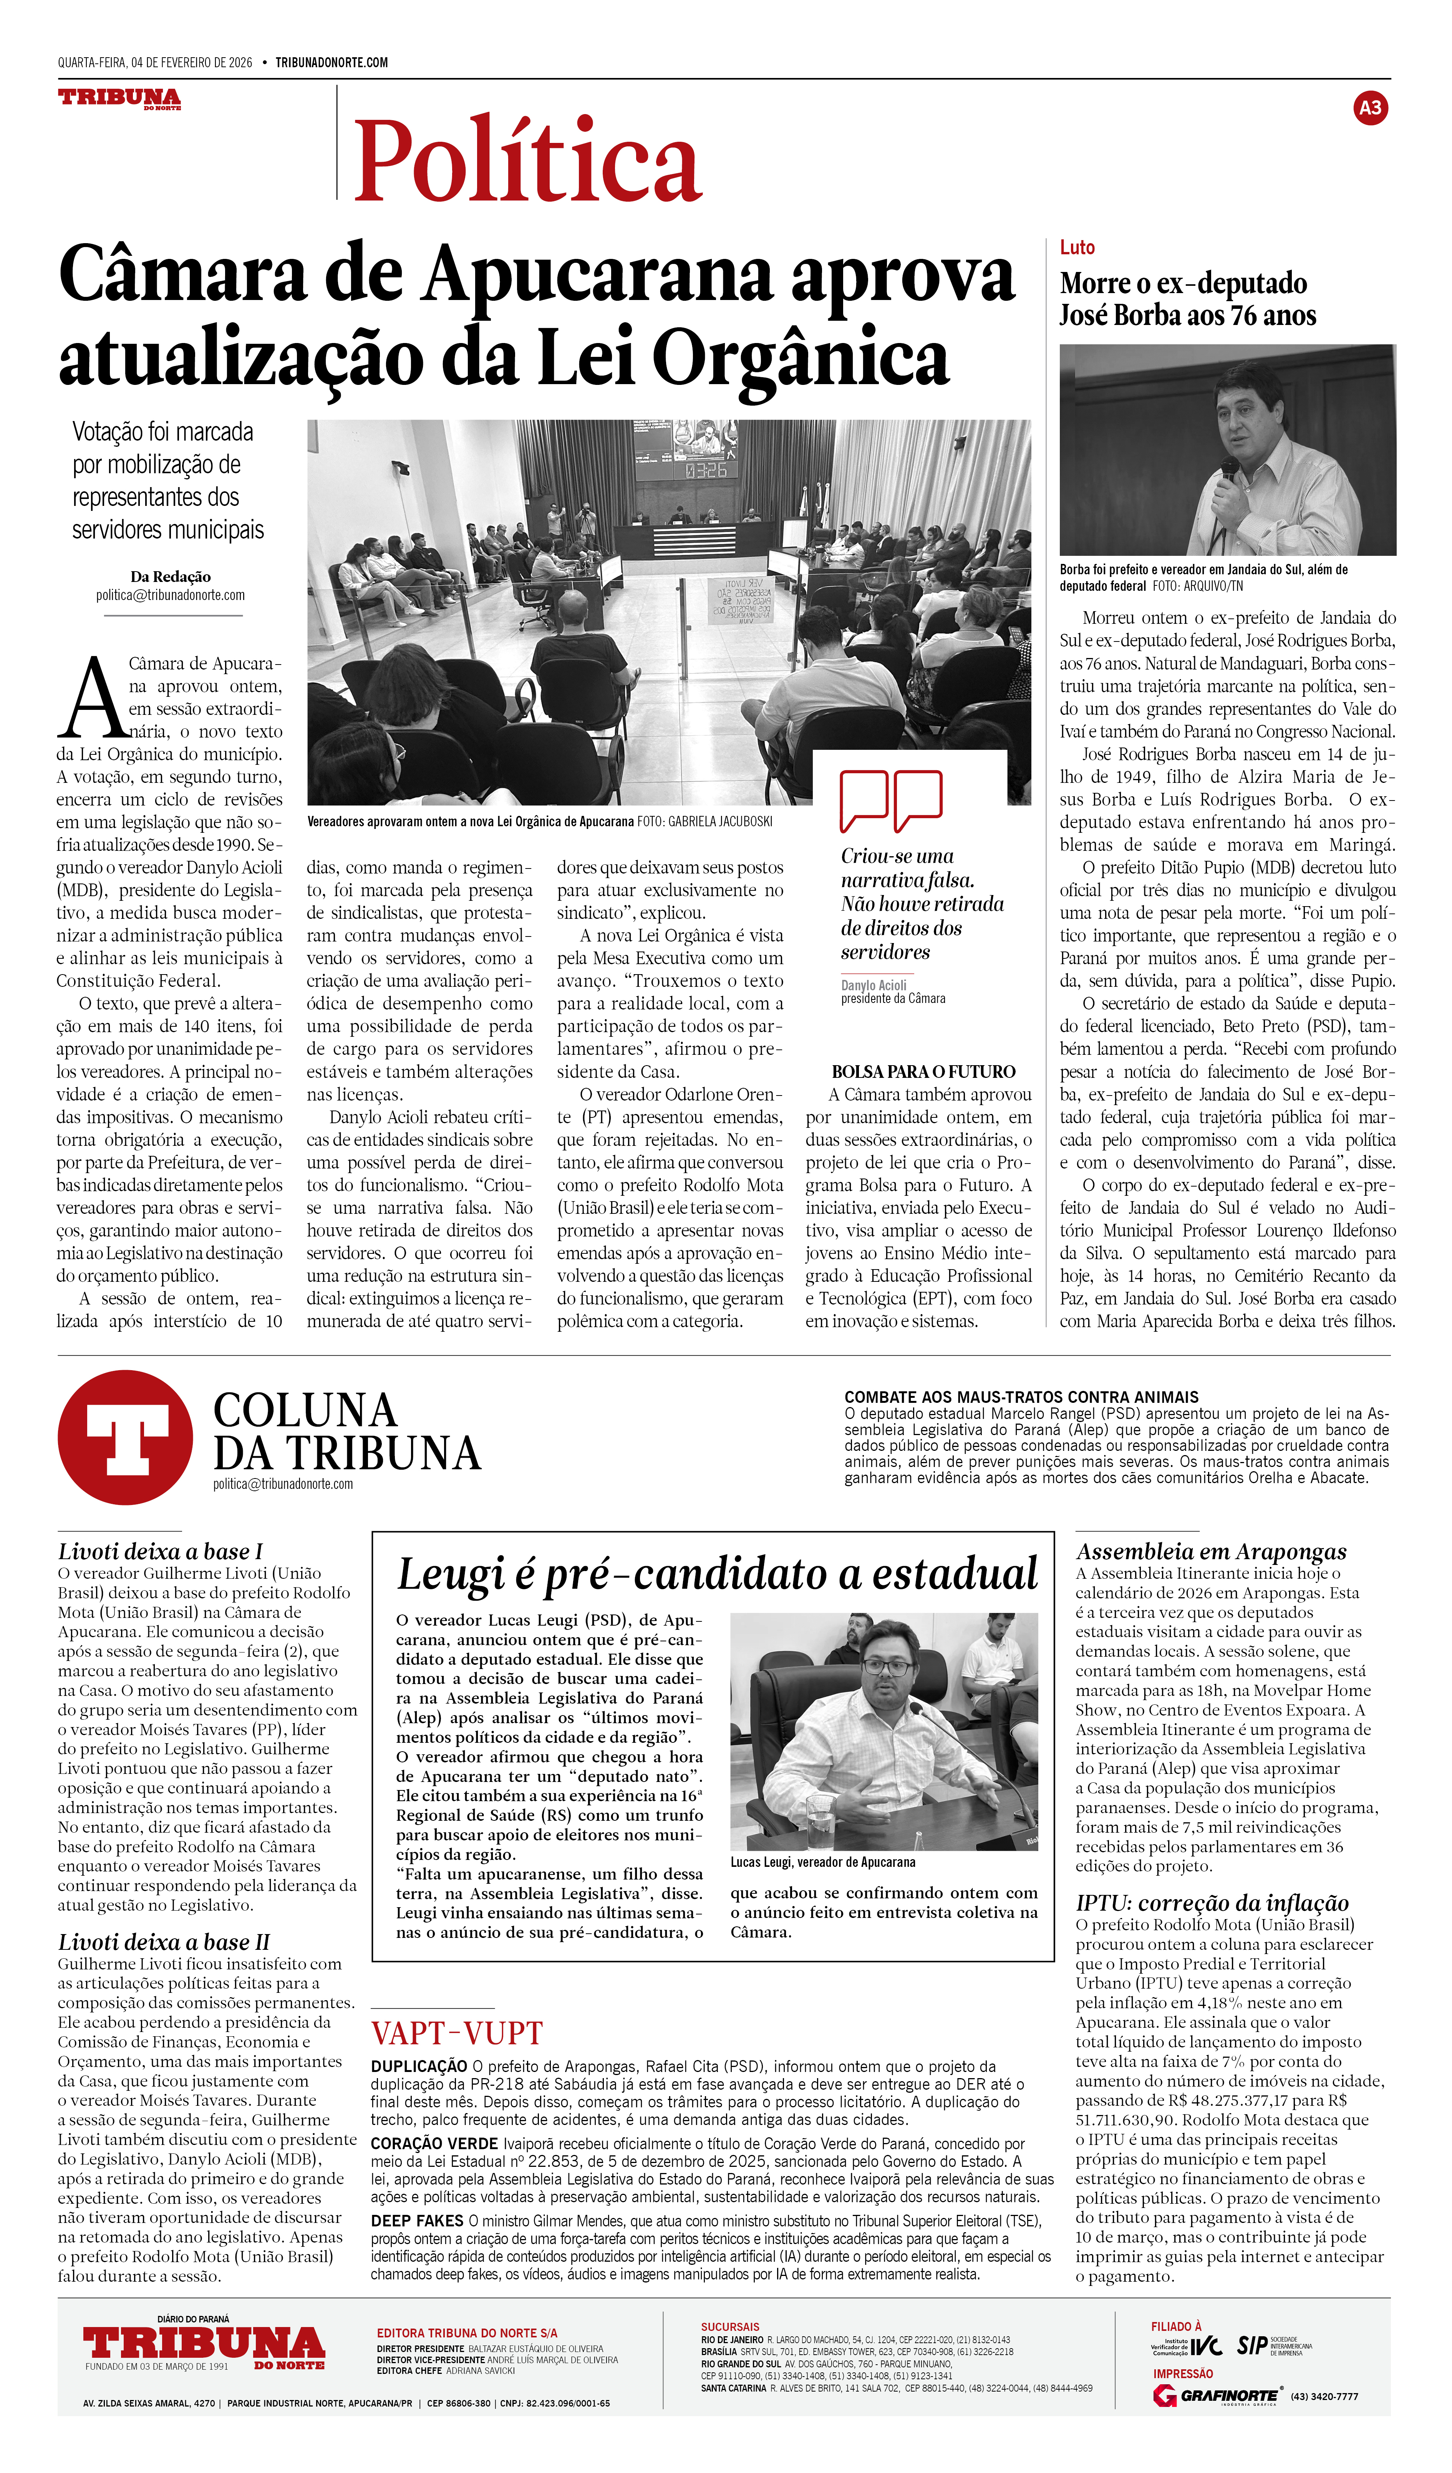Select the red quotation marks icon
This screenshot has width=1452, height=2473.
(890, 800)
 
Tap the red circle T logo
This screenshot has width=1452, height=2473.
(124, 1438)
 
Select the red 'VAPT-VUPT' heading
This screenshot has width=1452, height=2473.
(456, 2032)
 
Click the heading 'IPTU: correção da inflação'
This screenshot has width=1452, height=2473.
(1212, 1903)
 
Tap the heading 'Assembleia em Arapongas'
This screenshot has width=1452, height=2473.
(1211, 1551)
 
